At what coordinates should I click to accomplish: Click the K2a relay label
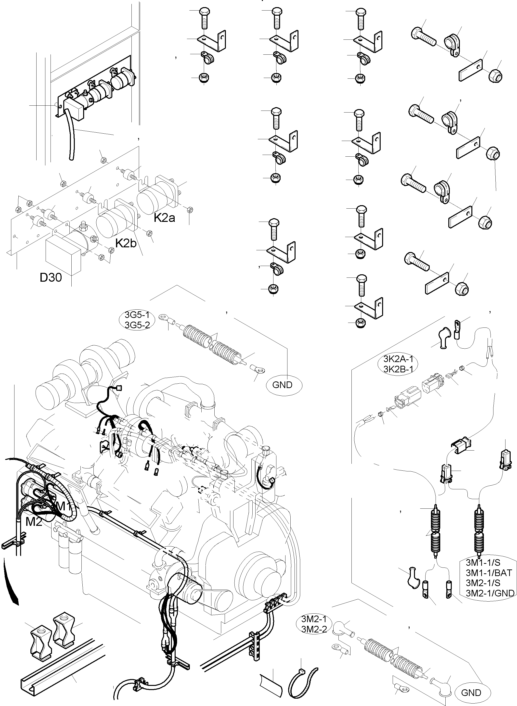pyautogui.click(x=164, y=217)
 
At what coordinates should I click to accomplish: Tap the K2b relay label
pyautogui.click(x=126, y=243)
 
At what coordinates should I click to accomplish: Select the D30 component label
pyautogui.click(x=51, y=277)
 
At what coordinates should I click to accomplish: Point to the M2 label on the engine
pyautogui.click(x=34, y=521)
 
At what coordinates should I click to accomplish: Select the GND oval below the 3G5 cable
pyautogui.click(x=282, y=385)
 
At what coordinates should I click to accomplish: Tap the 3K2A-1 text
pyautogui.click(x=398, y=359)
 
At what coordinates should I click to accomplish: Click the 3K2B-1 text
pyautogui.click(x=398, y=369)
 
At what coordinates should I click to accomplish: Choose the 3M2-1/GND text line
pyautogui.click(x=490, y=593)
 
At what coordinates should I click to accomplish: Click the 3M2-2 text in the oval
pyautogui.click(x=314, y=629)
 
